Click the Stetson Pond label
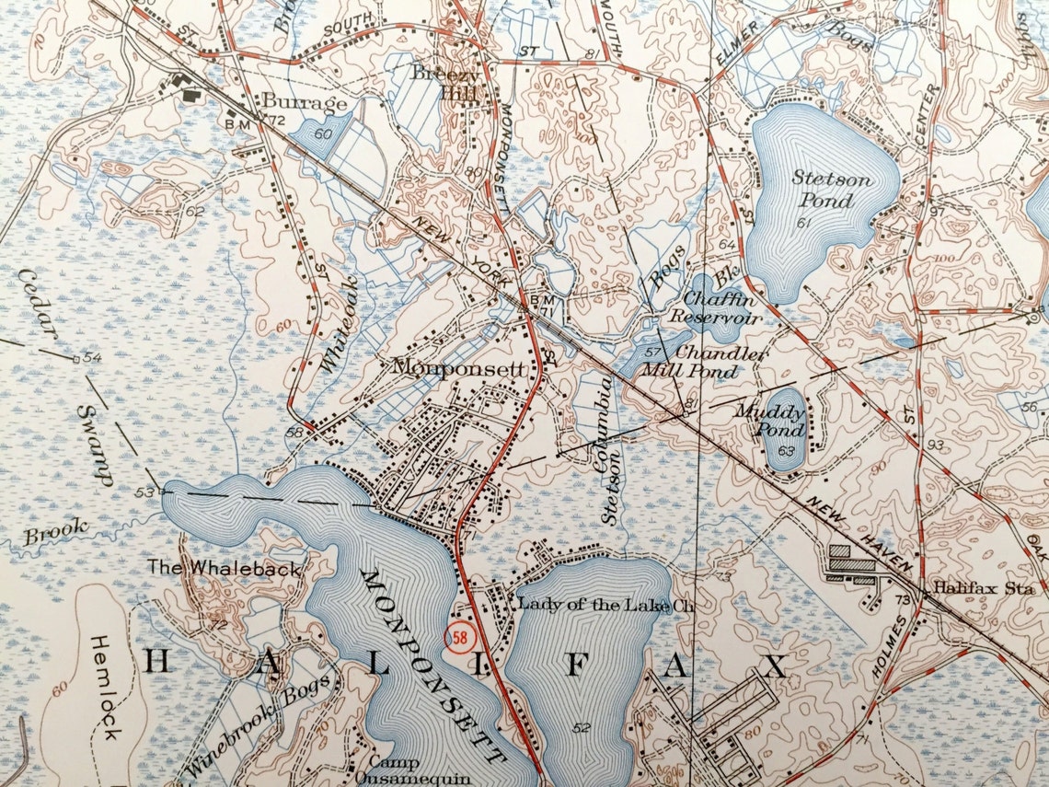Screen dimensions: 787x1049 pos(831,189)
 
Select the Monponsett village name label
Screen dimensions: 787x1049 pos(458,367)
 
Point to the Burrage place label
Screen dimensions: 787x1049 pos(305,102)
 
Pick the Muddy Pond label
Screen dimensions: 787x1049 pos(769,421)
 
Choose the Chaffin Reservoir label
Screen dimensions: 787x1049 pos(718,308)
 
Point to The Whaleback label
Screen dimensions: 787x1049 pos(225,569)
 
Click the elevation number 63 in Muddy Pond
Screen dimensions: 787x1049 pos(786,451)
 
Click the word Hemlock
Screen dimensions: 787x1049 pos(106,686)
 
